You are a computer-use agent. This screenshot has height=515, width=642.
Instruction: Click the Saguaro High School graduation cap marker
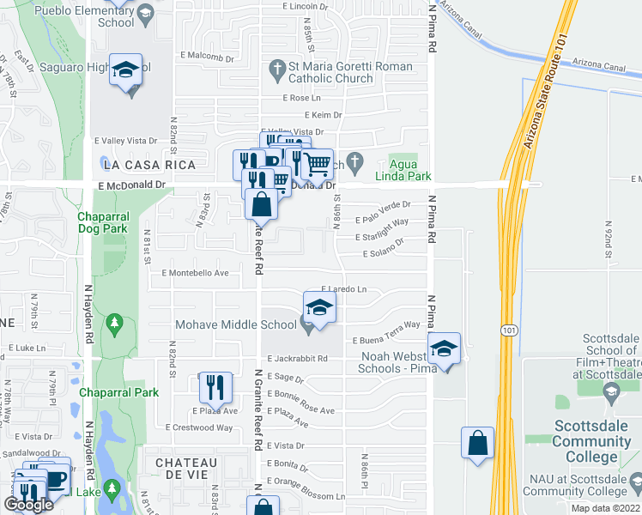coord(126,70)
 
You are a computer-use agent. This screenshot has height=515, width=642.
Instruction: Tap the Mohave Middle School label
coord(236,324)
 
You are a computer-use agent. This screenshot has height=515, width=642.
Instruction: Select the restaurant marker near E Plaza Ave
coord(213,387)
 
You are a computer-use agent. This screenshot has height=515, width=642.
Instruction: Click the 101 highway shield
coord(509,330)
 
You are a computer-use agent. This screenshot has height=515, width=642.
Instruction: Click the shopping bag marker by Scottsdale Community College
coord(477,443)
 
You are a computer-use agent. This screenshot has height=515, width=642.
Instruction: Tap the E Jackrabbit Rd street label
coord(298,359)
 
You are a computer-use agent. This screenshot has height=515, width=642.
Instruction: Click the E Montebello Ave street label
coord(195,273)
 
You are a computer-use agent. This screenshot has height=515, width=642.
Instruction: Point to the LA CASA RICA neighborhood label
coord(148,164)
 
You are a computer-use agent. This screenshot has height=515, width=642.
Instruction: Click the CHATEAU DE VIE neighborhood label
coord(193,463)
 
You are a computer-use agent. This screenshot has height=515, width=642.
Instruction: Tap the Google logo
coord(29,505)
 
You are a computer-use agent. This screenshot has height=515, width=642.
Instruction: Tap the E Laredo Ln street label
coord(343,290)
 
